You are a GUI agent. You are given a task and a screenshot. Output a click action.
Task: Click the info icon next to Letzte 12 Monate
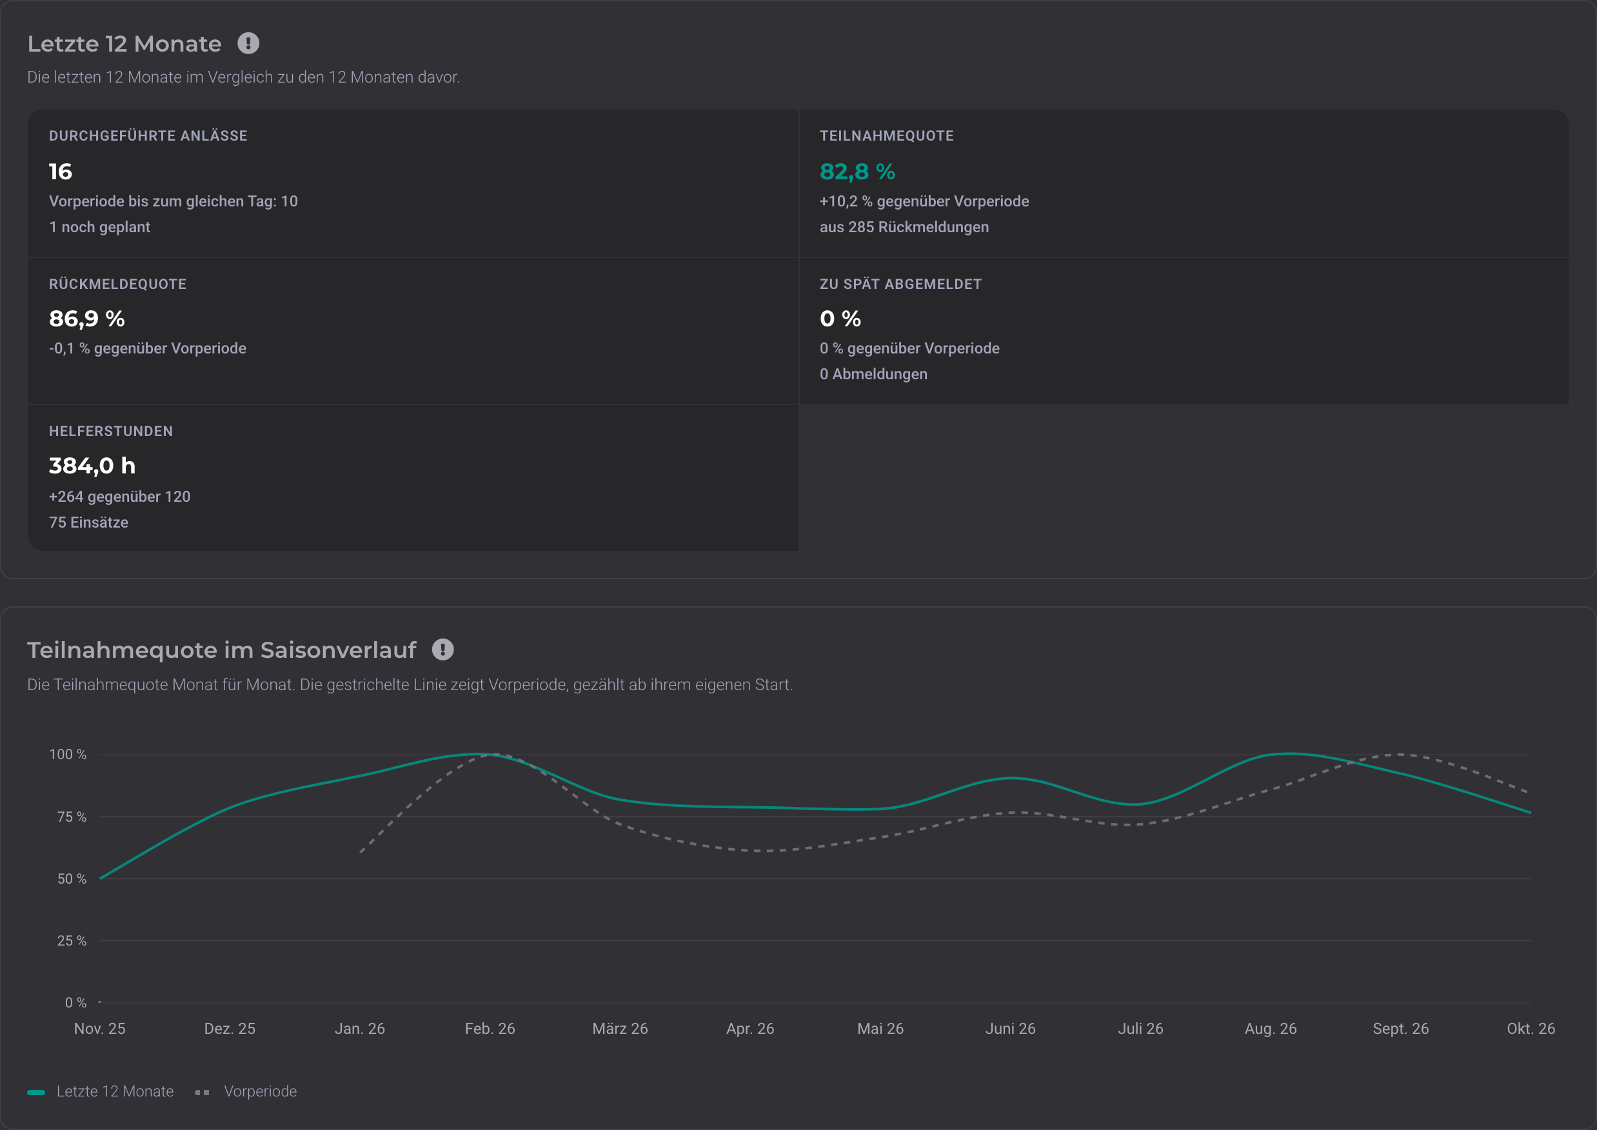[248, 44]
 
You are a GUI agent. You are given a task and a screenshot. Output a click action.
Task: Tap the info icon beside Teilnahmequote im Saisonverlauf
[442, 649]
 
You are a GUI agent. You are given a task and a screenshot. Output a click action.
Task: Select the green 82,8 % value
[857, 171]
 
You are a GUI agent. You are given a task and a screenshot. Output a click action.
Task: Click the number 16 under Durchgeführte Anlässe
[61, 171]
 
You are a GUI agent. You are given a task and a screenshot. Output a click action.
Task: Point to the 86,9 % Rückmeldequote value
[87, 319]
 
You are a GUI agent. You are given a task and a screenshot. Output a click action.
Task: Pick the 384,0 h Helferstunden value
[92, 466]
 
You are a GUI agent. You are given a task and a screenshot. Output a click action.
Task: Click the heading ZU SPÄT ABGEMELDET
[900, 284]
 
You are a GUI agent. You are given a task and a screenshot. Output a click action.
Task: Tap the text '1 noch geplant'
[99, 227]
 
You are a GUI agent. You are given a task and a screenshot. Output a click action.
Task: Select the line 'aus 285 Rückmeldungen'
[904, 227]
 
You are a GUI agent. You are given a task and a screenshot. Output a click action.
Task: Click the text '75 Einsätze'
[88, 522]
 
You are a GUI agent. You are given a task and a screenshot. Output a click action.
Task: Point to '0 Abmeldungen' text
[873, 373]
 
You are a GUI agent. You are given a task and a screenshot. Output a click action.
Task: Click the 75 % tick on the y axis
[72, 816]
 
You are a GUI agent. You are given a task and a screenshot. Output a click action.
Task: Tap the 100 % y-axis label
[68, 754]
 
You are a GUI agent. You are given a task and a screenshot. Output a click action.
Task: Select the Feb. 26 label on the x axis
[490, 1028]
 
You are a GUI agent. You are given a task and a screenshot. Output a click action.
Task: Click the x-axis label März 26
[620, 1028]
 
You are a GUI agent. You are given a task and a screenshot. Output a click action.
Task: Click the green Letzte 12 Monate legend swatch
[36, 1092]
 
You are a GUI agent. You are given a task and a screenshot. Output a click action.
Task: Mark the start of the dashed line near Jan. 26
[361, 851]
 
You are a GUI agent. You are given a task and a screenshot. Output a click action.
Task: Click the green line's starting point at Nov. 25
[101, 878]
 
